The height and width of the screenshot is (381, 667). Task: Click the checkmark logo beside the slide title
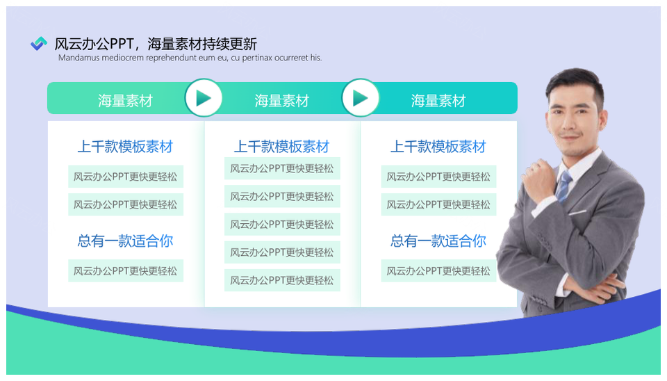click(39, 43)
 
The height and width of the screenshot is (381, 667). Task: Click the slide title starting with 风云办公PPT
click(156, 44)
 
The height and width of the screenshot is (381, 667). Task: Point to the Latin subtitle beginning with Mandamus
click(190, 58)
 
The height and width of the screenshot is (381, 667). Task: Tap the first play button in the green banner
click(204, 98)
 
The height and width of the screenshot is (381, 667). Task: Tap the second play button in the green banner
click(361, 98)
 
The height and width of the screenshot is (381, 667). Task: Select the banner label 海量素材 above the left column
click(125, 101)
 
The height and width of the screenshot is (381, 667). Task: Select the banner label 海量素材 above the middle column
click(281, 101)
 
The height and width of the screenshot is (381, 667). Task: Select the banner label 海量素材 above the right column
click(438, 101)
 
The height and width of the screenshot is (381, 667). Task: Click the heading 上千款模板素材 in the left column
click(125, 147)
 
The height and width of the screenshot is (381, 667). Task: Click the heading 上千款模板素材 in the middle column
click(281, 147)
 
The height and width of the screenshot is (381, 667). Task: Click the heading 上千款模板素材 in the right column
click(438, 147)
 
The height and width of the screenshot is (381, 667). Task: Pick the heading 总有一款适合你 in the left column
click(125, 241)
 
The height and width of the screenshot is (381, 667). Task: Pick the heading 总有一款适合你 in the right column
click(438, 241)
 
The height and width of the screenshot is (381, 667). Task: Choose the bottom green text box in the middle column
click(282, 280)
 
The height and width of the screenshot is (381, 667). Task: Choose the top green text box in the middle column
click(282, 168)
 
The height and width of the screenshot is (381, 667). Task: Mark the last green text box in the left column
click(126, 270)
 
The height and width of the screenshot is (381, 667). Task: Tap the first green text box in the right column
click(438, 176)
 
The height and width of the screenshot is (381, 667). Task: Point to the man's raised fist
click(538, 179)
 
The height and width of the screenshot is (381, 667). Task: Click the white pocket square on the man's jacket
click(577, 212)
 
